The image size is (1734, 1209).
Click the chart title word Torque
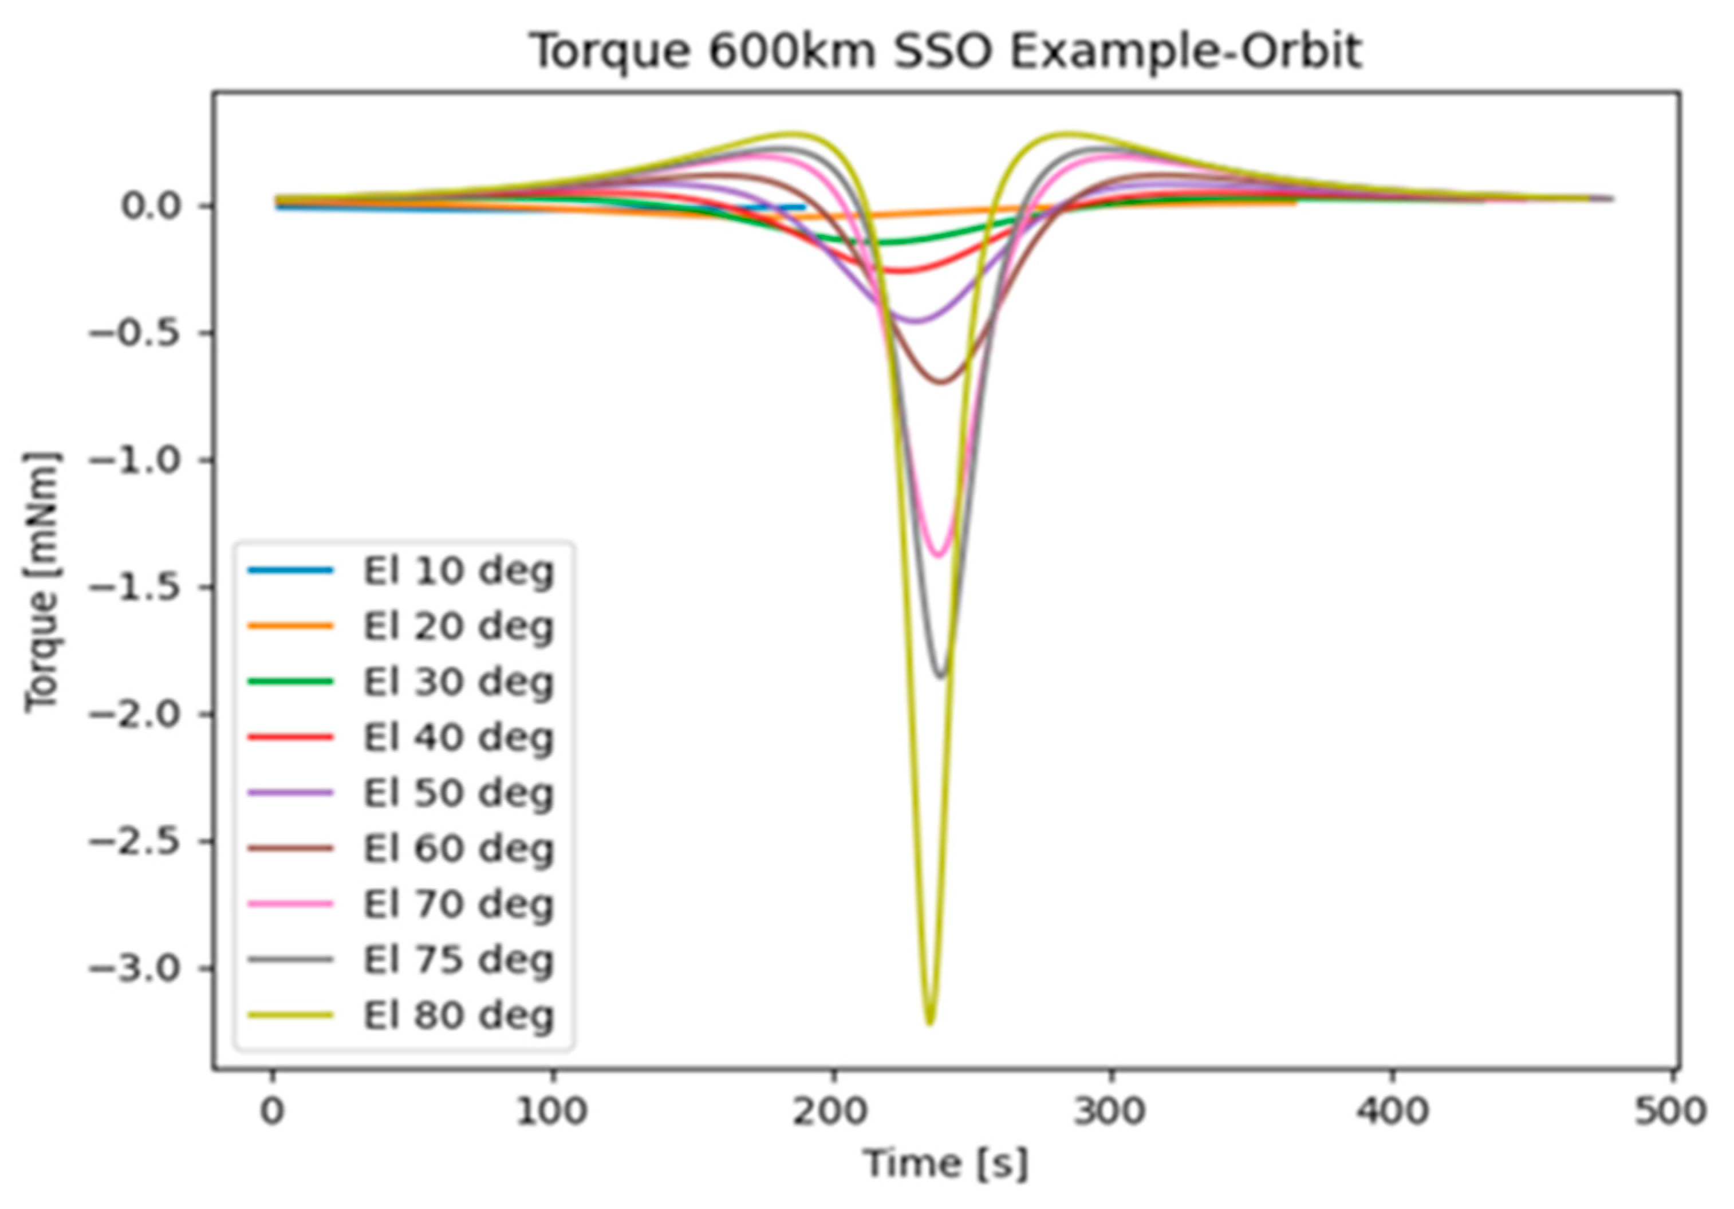[x=610, y=52]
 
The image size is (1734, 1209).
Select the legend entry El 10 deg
[x=458, y=571]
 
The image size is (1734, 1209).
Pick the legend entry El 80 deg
[x=458, y=1015]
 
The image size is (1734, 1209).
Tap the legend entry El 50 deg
[x=458, y=793]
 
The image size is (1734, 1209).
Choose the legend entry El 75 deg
[x=458, y=960]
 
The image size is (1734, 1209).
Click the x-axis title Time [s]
[x=945, y=1163]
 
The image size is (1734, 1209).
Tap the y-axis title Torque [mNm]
[x=42, y=581]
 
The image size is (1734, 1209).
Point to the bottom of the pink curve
[x=938, y=556]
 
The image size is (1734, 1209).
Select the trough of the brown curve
[x=941, y=382]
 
